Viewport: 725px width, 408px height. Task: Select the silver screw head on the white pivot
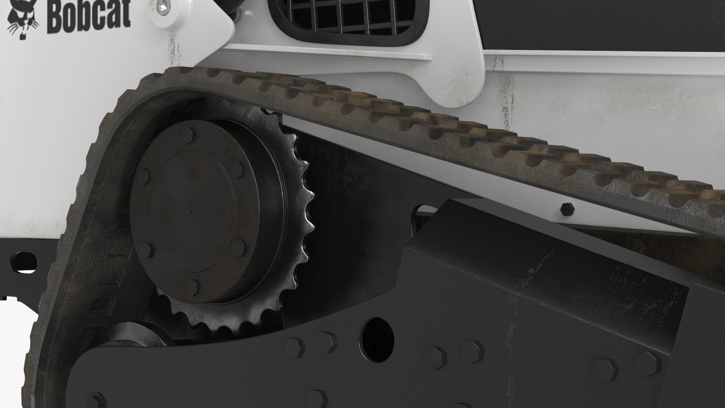(164, 6)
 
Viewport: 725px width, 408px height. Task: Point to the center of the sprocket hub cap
(191, 212)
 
